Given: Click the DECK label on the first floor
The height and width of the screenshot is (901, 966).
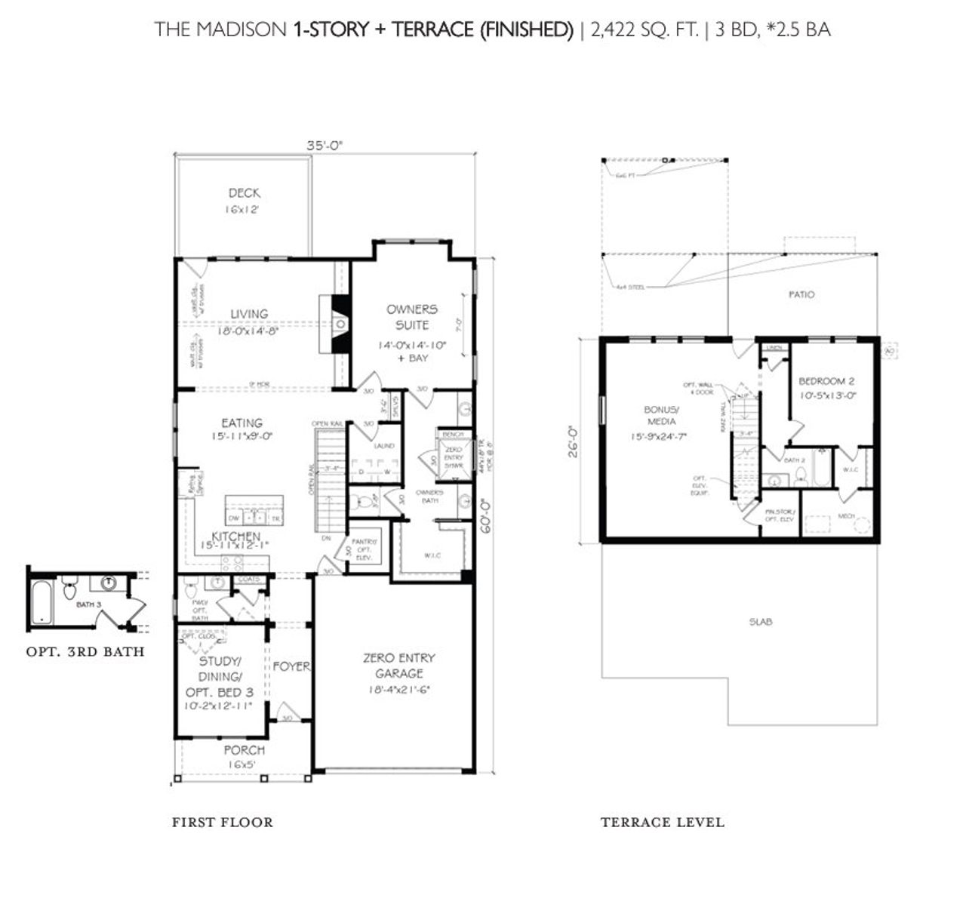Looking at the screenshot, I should [x=243, y=194].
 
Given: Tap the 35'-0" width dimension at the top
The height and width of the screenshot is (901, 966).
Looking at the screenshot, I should [x=325, y=146].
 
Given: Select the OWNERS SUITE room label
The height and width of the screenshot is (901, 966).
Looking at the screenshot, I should [x=411, y=317].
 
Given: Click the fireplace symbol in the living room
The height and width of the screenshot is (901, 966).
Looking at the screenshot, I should [x=341, y=324].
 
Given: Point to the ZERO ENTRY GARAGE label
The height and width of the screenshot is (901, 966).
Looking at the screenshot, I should [x=398, y=666].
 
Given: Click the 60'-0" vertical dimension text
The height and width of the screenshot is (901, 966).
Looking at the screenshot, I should [x=488, y=514].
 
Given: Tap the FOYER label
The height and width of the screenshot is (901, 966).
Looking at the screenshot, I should [x=291, y=666].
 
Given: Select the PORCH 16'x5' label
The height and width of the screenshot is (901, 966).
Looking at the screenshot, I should [x=244, y=756].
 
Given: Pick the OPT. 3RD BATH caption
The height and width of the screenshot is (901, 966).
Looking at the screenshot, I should [x=85, y=651].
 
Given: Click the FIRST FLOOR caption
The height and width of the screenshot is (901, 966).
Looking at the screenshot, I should [x=222, y=822].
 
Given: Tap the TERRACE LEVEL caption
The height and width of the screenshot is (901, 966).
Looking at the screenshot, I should [x=662, y=822].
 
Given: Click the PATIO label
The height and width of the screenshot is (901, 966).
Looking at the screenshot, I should [x=801, y=294].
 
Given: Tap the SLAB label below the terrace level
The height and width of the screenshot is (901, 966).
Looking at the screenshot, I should [x=760, y=623].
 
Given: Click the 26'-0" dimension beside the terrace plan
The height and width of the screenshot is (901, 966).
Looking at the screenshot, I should [x=574, y=441].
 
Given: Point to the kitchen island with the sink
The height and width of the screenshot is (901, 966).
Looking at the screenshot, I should [x=254, y=512].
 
